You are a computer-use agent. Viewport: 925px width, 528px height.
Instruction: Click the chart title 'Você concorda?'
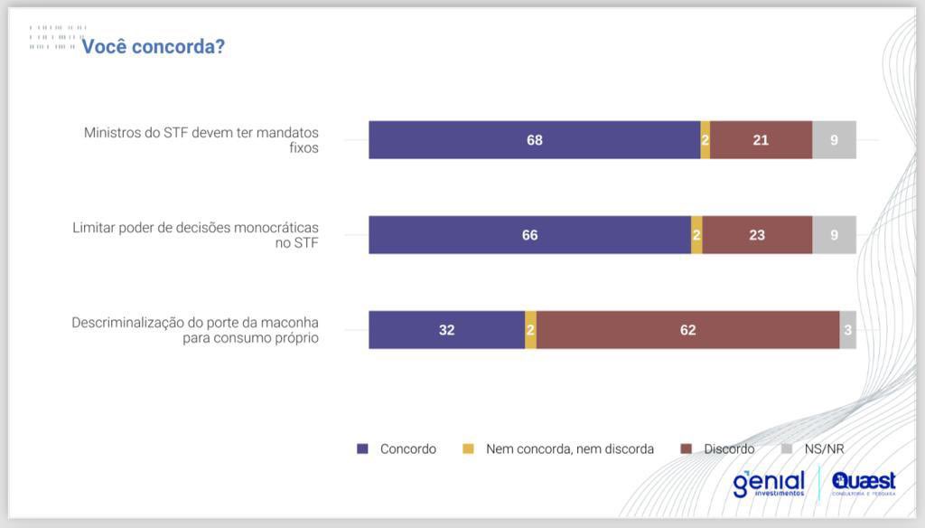153,46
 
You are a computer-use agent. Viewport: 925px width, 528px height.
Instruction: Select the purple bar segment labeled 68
534,140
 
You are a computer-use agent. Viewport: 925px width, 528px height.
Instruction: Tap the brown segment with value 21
761,140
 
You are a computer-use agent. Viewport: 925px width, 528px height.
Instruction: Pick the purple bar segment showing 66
529,235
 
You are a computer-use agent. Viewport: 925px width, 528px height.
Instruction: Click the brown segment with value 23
757,235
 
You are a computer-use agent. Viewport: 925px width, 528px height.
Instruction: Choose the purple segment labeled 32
446,330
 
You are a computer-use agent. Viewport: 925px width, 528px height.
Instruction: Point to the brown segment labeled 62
687,330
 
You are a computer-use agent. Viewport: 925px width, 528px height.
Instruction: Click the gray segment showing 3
848,330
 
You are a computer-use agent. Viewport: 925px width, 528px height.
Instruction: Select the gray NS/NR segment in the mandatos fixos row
834,140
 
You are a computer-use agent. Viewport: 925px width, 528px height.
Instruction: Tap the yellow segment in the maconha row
531,330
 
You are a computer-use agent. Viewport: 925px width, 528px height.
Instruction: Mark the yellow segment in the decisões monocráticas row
696,235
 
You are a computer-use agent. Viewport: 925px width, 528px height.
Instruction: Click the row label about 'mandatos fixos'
201,140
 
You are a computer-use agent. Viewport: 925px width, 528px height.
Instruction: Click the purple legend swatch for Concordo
363,448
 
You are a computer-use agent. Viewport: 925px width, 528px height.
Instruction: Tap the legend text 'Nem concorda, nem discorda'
569,448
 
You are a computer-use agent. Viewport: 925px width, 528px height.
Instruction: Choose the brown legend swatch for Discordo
687,448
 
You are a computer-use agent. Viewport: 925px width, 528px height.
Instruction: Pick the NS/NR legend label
824,448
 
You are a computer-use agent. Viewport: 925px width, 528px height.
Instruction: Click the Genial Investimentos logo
768,483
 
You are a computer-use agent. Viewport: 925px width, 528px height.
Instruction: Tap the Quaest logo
864,483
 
